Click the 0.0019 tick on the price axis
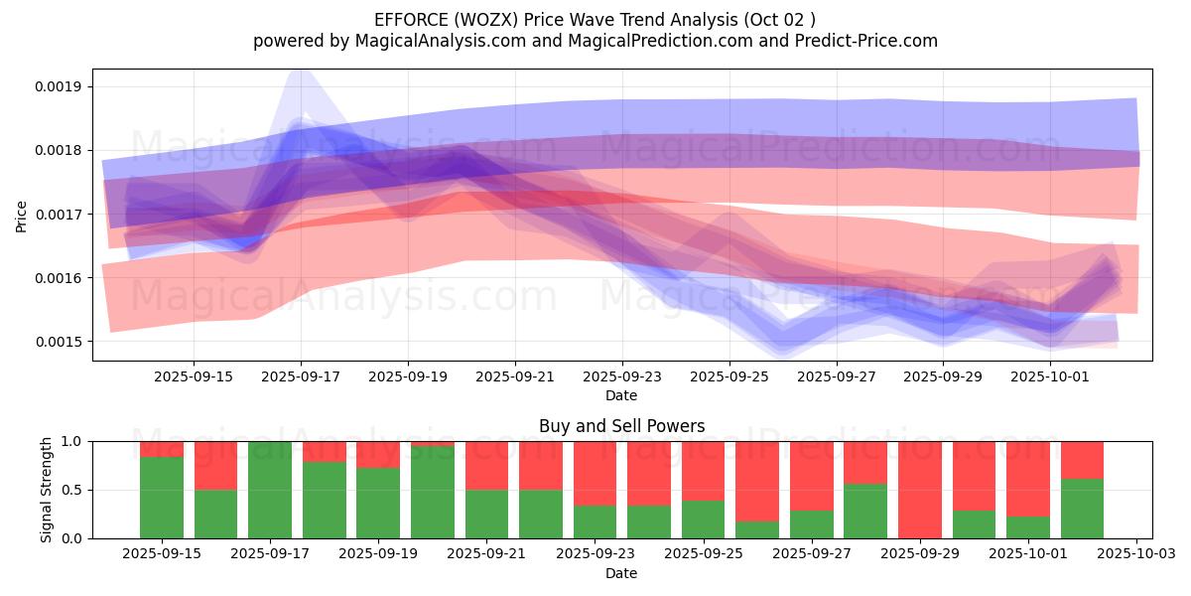pyautogui.click(x=60, y=86)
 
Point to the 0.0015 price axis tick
pyautogui.click(x=60, y=342)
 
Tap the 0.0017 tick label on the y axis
pyautogui.click(x=60, y=215)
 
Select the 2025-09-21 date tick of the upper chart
pyautogui.click(x=515, y=377)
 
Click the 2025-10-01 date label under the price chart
pyautogui.click(x=1051, y=377)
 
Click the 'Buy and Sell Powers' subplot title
pyautogui.click(x=621, y=427)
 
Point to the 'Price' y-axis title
pyautogui.click(x=22, y=215)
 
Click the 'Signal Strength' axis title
pyautogui.click(x=47, y=490)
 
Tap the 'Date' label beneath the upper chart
pyautogui.click(x=621, y=395)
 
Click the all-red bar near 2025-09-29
pyautogui.click(x=920, y=490)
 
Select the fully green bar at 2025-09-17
pyautogui.click(x=270, y=490)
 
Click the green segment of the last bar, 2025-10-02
pyautogui.click(x=1082, y=510)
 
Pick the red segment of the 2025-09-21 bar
pyautogui.click(x=486, y=465)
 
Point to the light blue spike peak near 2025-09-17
pyautogui.click(x=300, y=72)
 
